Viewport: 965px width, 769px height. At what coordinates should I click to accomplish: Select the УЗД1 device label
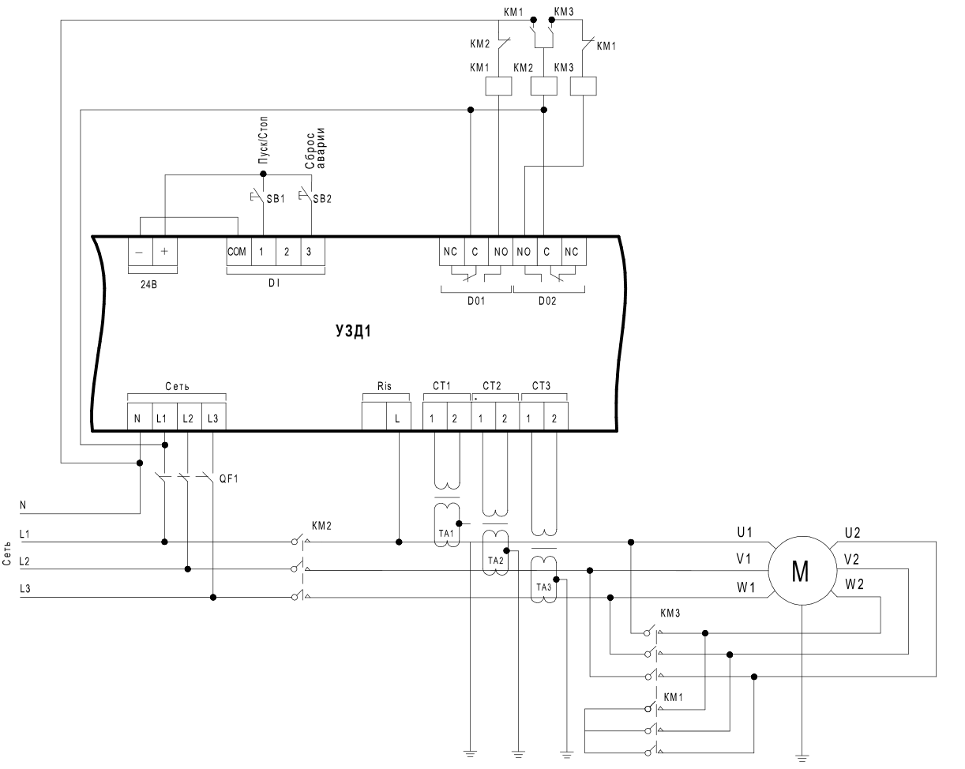pyautogui.click(x=353, y=331)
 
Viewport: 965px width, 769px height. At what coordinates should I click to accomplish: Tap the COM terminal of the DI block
pyautogui.click(x=237, y=252)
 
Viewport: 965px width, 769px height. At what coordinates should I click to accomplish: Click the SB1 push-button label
pyautogui.click(x=276, y=199)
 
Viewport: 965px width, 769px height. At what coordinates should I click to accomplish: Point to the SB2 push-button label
pyautogui.click(x=322, y=199)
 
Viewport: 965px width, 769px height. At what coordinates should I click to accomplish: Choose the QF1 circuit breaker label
pyautogui.click(x=229, y=479)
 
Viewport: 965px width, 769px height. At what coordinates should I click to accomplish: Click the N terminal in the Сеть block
pyautogui.click(x=137, y=418)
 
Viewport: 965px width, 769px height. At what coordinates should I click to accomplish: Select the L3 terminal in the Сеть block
pyautogui.click(x=213, y=418)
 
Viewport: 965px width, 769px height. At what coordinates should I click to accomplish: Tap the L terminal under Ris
pyautogui.click(x=397, y=418)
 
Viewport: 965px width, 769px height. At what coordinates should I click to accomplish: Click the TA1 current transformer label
pyautogui.click(x=446, y=533)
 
